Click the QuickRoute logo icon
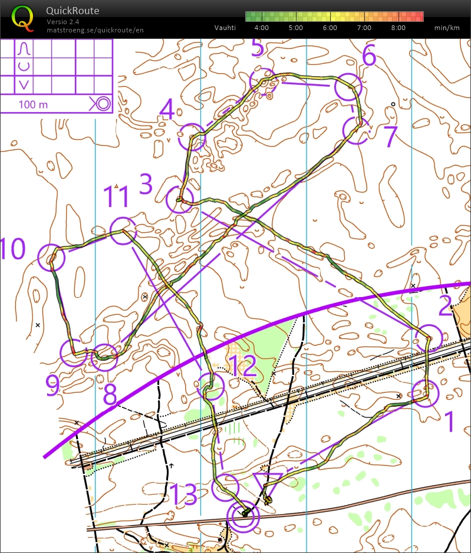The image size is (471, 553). (x=22, y=18)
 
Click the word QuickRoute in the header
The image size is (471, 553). (x=73, y=11)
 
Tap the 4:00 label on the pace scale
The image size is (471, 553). (x=262, y=28)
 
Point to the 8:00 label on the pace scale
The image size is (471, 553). (x=398, y=28)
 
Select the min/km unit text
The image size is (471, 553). (x=446, y=28)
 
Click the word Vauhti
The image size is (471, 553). (x=225, y=28)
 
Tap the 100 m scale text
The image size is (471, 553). (x=34, y=104)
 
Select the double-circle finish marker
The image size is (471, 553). (x=243, y=516)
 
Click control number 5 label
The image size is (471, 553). (x=257, y=48)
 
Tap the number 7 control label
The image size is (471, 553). (x=391, y=137)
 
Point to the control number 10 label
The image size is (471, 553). (x=13, y=249)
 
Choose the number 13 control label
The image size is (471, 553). (x=184, y=495)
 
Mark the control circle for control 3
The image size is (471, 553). (x=179, y=199)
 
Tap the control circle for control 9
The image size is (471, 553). (x=73, y=353)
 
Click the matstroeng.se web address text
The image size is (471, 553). (x=95, y=30)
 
